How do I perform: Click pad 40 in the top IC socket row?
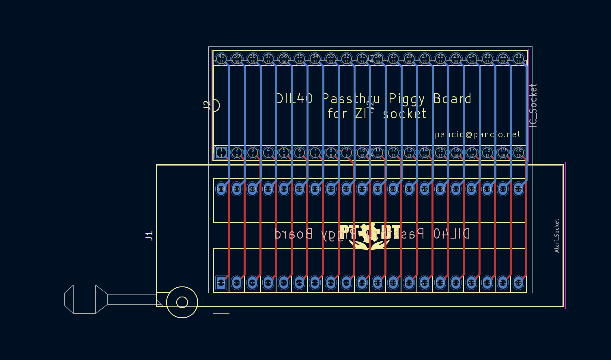pyautogui.click(x=221, y=59)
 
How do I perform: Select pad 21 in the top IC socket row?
pyautogui.click(x=519, y=59)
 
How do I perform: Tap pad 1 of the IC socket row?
pyautogui.click(x=221, y=152)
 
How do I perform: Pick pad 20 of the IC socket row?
pyautogui.click(x=519, y=152)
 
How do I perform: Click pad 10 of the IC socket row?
pyautogui.click(x=362, y=152)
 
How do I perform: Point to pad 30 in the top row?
pyautogui.click(x=378, y=59)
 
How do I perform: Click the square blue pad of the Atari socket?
pyautogui.click(x=221, y=282)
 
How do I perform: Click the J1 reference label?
pyautogui.click(x=149, y=236)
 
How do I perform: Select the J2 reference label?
pyautogui.click(x=207, y=105)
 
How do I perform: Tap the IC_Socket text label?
pyautogui.click(x=533, y=105)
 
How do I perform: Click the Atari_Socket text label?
pyautogui.click(x=557, y=236)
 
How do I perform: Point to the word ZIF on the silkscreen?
pyautogui.click(x=365, y=114)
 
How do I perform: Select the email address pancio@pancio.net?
pyautogui.click(x=478, y=135)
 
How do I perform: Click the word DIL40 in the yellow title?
pyautogui.click(x=295, y=99)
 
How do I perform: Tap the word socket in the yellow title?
pyautogui.click(x=405, y=114)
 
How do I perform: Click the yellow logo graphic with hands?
pyautogui.click(x=369, y=237)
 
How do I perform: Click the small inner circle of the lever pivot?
pyautogui.click(x=182, y=302)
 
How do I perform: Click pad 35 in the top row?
pyautogui.click(x=300, y=59)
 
